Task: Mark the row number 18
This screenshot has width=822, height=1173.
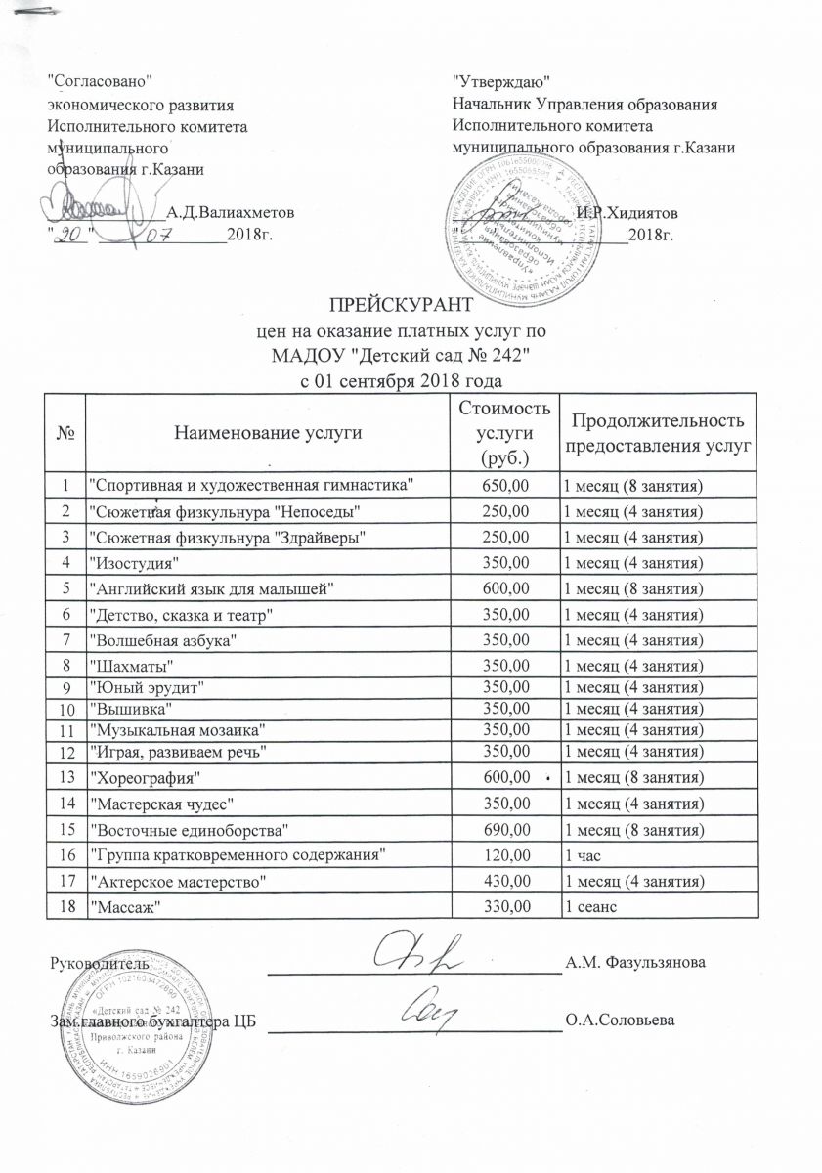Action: pos(65,907)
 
